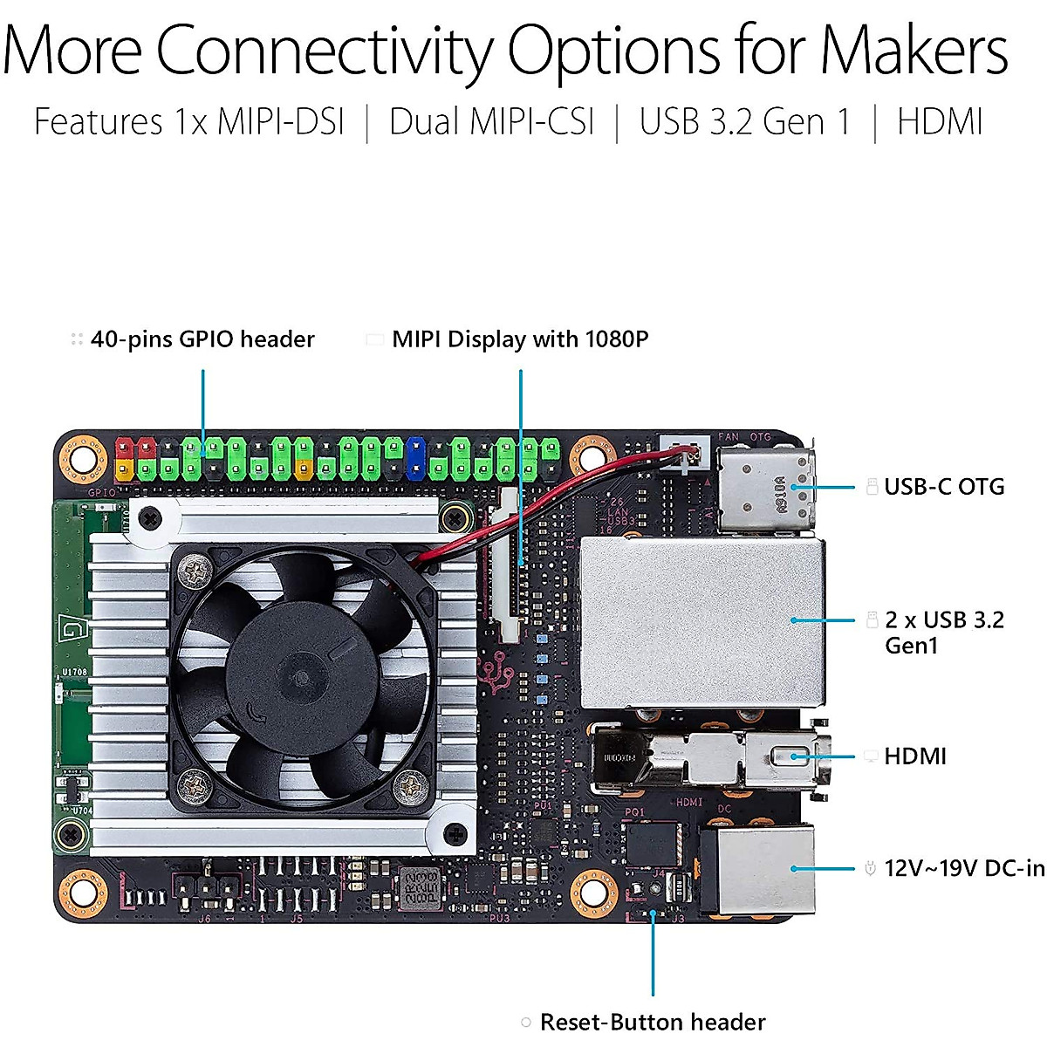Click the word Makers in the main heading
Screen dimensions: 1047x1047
(914, 50)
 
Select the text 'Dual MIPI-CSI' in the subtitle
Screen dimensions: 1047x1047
(491, 122)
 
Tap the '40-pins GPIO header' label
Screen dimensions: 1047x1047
(202, 339)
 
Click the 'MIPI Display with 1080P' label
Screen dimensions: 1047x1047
(520, 339)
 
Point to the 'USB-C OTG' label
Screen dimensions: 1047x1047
(943, 487)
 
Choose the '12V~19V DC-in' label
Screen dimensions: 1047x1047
(963, 868)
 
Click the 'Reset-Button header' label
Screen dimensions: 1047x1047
(652, 1022)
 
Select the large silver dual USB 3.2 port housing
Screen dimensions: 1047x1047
(702, 621)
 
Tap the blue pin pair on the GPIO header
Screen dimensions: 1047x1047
(415, 458)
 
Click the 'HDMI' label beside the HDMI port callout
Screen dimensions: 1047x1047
(914, 756)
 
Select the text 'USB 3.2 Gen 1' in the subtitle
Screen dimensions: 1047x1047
(744, 122)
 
